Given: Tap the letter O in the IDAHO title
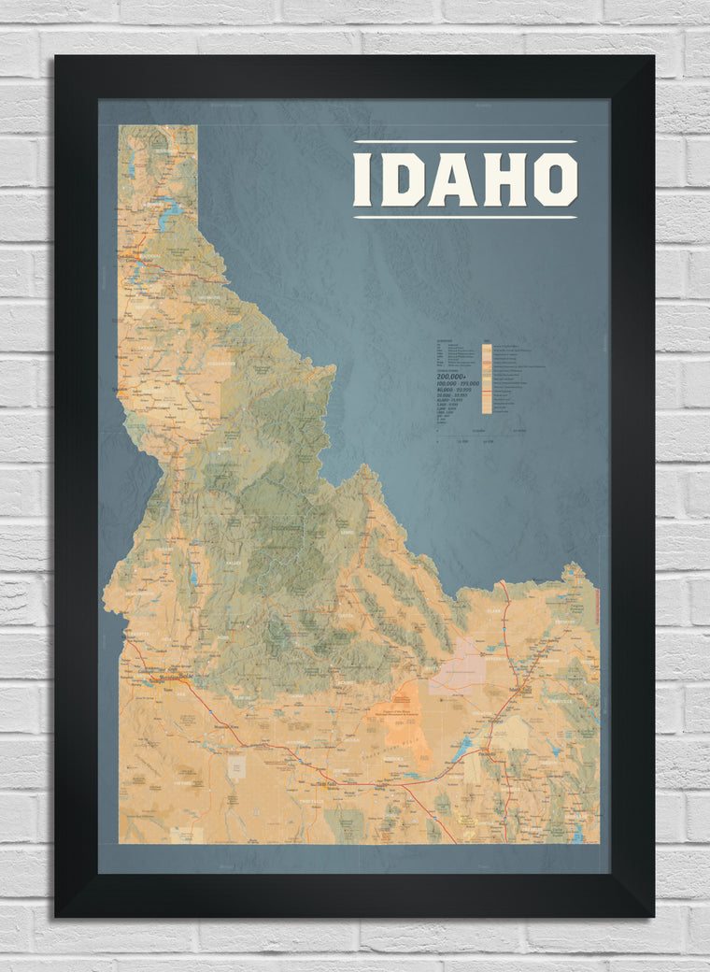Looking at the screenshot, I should tap(555, 179).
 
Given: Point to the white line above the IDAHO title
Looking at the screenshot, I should tap(465, 142).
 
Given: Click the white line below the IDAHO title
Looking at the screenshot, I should tap(465, 218).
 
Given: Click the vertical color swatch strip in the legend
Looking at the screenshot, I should tap(487, 379).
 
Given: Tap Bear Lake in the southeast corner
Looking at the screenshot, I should tap(576, 836).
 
